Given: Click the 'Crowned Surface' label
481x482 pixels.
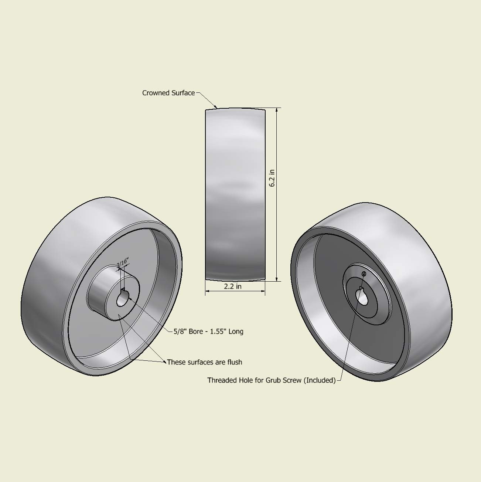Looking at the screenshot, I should point(168,93).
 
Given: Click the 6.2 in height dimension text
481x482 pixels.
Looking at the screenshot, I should point(272,178).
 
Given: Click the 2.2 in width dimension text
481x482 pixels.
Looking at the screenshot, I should point(233,286).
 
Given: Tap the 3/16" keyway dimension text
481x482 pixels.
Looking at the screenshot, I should point(122,263).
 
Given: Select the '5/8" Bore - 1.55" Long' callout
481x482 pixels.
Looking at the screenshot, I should point(208,332).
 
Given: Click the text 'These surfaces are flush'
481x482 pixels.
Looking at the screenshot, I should point(204,362).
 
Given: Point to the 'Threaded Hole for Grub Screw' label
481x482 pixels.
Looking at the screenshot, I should point(271,380).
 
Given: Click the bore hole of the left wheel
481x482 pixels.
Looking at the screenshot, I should point(122,300).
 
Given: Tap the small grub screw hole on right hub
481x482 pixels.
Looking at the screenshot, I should point(364,274).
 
